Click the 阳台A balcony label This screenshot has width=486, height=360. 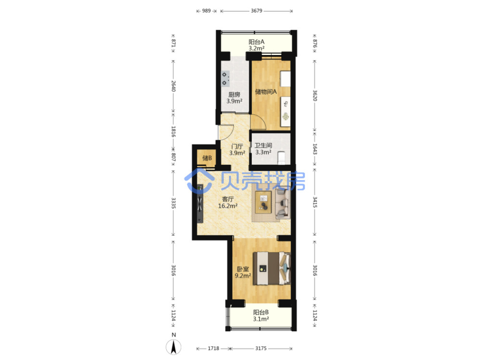point(257,42)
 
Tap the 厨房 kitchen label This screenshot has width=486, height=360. point(234,95)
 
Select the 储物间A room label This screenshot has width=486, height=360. point(266,92)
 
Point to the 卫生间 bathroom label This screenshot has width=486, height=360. point(263,145)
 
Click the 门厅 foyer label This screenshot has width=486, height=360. point(237,147)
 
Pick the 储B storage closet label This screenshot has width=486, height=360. point(207,158)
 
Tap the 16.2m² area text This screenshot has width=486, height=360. point(228,206)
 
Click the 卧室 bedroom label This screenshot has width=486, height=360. point(243,269)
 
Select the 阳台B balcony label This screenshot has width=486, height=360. point(261,312)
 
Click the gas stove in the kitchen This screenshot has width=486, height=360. point(225,79)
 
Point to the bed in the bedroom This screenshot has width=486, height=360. point(272,268)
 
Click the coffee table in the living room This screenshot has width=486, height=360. point(263,202)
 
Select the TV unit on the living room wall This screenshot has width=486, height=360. point(200,203)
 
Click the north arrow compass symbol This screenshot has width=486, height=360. point(174,347)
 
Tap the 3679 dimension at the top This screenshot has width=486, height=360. point(257,11)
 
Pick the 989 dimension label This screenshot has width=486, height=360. point(206,11)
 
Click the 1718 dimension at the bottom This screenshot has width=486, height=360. point(213,348)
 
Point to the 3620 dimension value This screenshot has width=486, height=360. point(315,95)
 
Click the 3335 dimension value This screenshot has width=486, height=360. point(174,203)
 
